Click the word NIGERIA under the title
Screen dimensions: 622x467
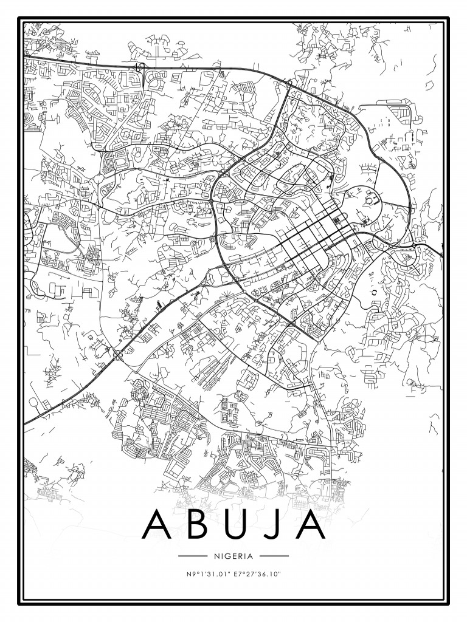233,556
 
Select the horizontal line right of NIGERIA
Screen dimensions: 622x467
274,556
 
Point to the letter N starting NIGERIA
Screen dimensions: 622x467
216,556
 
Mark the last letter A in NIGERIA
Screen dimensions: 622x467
250,556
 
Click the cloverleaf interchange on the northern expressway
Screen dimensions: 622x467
141,68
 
